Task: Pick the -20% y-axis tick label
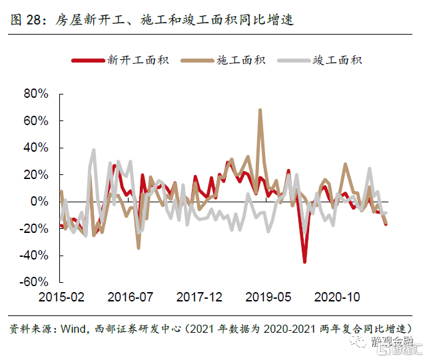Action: pyautogui.click(x=35, y=228)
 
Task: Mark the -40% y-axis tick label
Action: pyautogui.click(x=35, y=255)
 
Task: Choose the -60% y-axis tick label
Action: pyautogui.click(x=35, y=281)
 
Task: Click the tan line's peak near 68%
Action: pyautogui.click(x=260, y=110)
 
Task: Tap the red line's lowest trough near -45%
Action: pyautogui.click(x=304, y=262)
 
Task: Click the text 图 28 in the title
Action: pyautogui.click(x=25, y=21)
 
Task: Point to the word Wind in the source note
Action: pyautogui.click(x=75, y=329)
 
